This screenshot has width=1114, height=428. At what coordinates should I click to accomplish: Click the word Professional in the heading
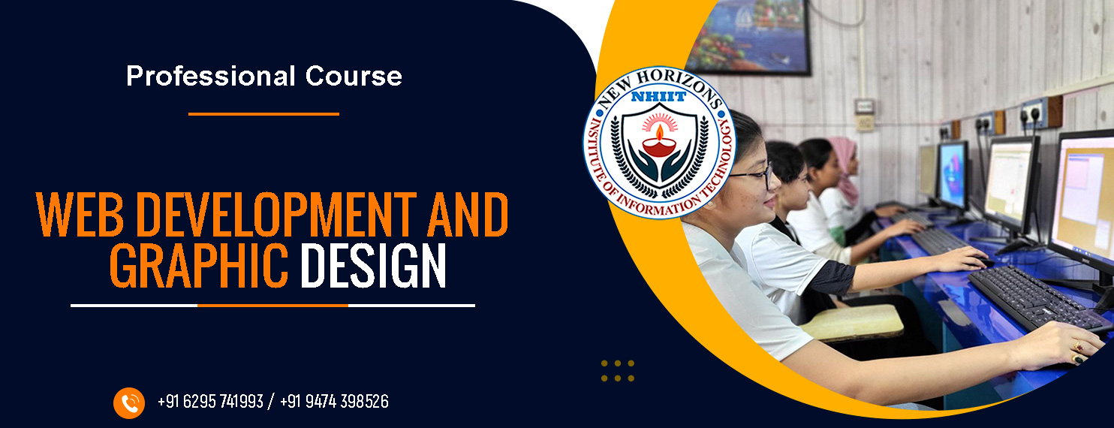click(x=211, y=77)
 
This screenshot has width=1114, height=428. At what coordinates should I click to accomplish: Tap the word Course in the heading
click(x=354, y=77)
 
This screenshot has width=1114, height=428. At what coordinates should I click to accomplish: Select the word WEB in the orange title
click(x=80, y=214)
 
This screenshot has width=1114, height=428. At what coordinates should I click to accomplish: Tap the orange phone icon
click(x=129, y=402)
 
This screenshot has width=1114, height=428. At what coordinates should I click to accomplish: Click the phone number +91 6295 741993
click(x=210, y=401)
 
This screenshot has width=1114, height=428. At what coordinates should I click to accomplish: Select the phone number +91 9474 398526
click(x=334, y=401)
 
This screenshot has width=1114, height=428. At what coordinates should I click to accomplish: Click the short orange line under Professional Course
click(x=263, y=114)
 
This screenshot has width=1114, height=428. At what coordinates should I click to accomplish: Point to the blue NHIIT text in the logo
click(x=658, y=97)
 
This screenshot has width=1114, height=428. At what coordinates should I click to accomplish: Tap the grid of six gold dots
click(x=618, y=371)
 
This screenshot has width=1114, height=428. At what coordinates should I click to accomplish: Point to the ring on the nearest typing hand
click(x=1077, y=346)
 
